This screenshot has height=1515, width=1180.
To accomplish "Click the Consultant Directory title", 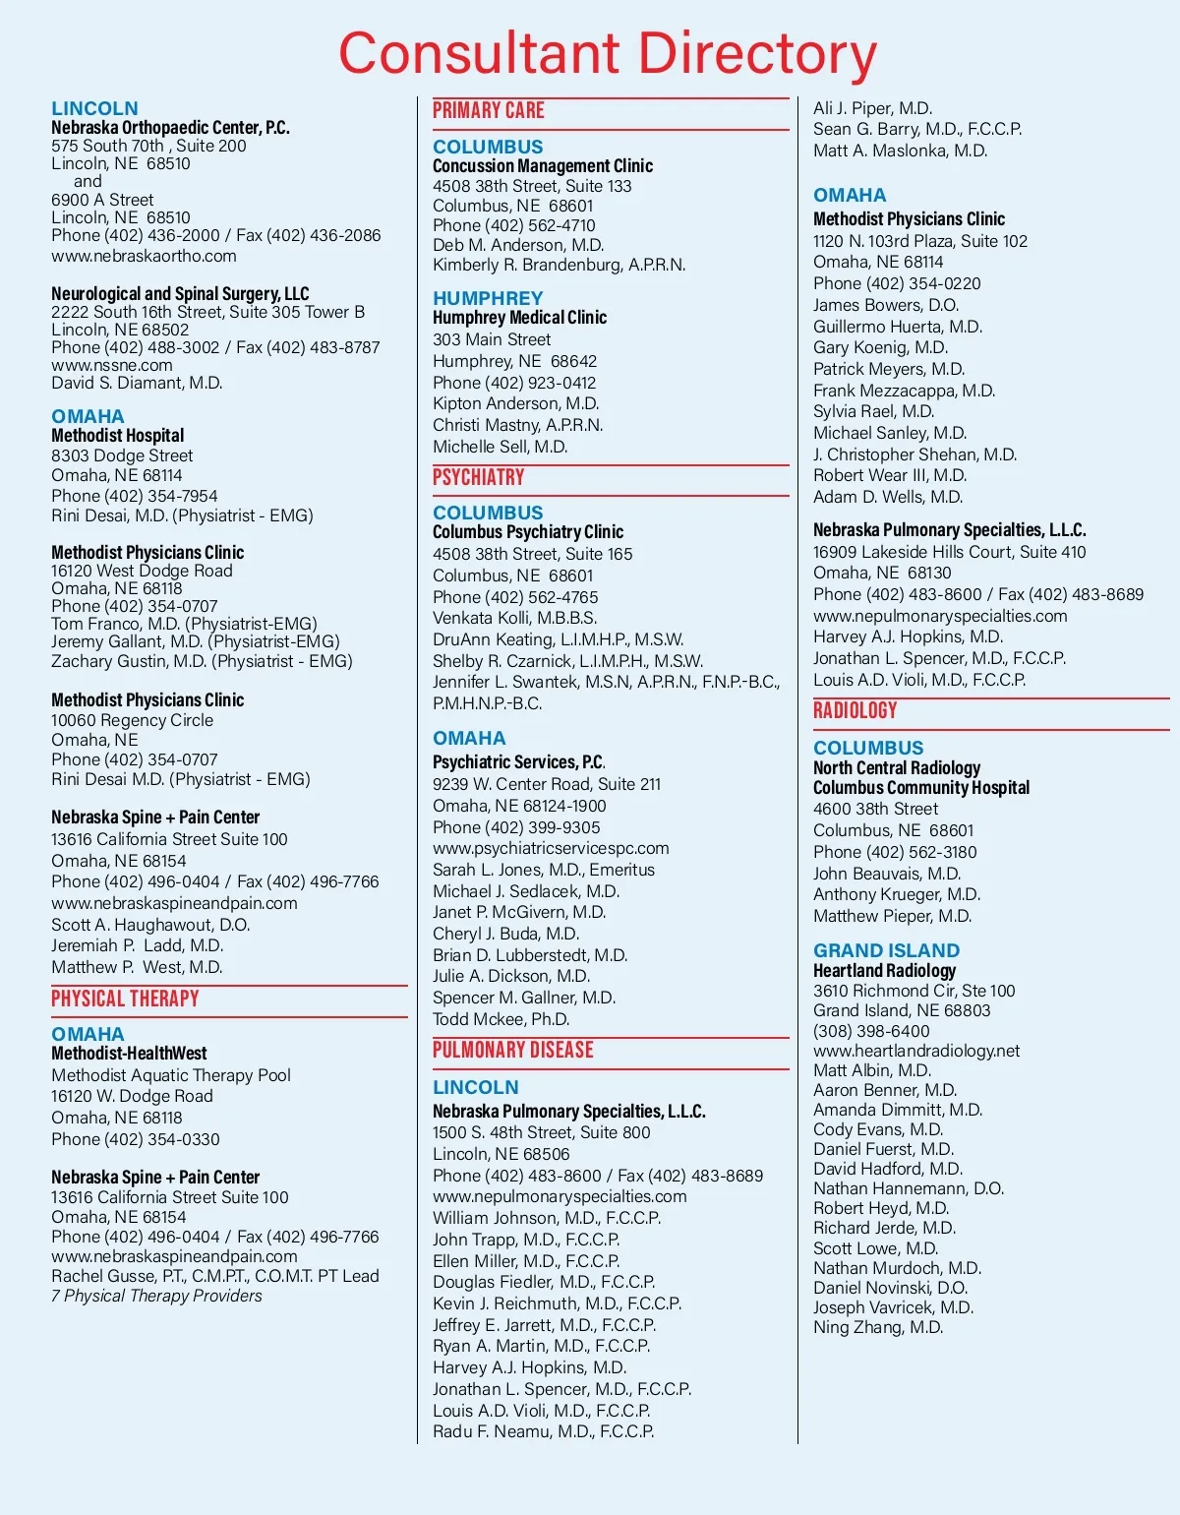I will point(607,54).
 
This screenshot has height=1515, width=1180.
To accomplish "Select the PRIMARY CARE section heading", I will point(489,110).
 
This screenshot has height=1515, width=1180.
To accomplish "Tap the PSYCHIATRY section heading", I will point(479,477).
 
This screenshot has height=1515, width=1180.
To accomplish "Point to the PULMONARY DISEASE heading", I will point(513,1050).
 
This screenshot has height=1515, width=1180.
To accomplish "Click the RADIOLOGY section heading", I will point(855,710).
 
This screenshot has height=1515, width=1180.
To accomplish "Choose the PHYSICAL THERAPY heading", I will point(125,999).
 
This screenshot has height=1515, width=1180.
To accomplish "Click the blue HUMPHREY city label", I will point(488,297).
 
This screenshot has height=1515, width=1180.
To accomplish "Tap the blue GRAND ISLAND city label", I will point(886,950).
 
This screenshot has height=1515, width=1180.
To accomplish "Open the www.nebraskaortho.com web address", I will point(144,256).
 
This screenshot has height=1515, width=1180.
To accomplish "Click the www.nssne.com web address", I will point(111,365).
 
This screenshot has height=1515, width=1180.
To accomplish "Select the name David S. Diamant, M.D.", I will point(137,383).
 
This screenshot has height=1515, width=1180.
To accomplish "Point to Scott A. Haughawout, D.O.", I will point(150,925).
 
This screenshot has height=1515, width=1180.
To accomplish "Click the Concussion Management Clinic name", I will point(543,165).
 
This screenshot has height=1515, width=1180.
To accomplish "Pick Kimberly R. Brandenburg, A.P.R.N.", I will point(559,265).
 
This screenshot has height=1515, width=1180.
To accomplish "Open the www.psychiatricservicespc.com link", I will point(551,848).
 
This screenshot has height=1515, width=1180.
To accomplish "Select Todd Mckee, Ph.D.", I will point(501,1019).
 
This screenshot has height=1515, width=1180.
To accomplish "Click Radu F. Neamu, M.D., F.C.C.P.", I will point(543,1431).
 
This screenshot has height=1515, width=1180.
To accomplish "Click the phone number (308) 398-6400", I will point(871,1031).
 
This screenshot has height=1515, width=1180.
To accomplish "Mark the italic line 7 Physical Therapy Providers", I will point(156,1296).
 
